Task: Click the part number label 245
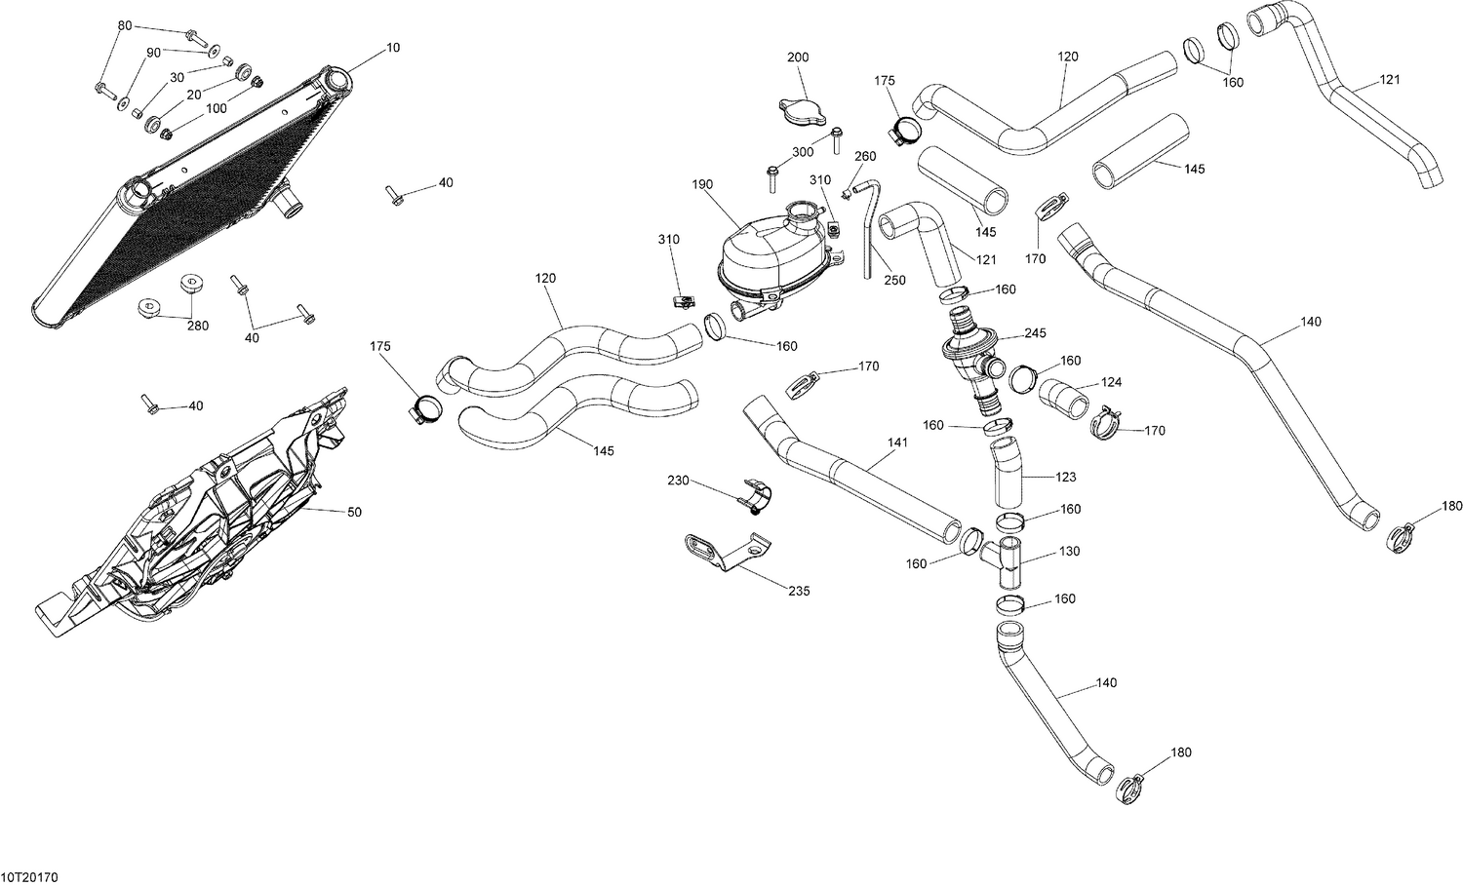(1035, 333)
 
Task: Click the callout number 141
(897, 443)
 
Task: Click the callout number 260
(865, 156)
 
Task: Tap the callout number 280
(198, 326)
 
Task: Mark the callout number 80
(124, 24)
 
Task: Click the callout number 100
(216, 108)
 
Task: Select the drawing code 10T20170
(30, 877)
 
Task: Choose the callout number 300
(802, 152)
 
